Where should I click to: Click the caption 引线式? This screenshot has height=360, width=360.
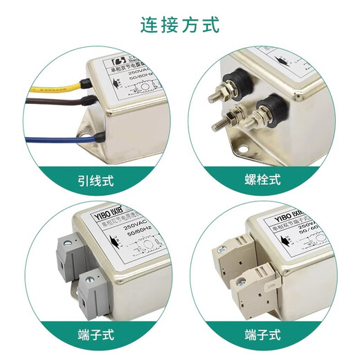click(97, 183)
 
